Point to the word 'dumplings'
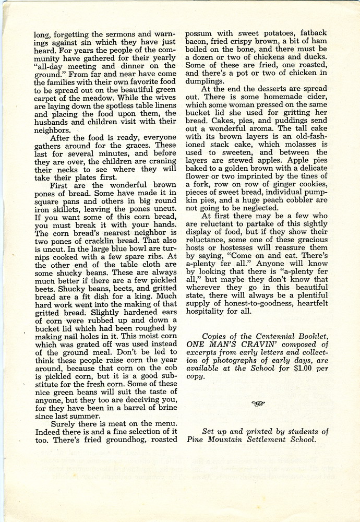click(x=208, y=81)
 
